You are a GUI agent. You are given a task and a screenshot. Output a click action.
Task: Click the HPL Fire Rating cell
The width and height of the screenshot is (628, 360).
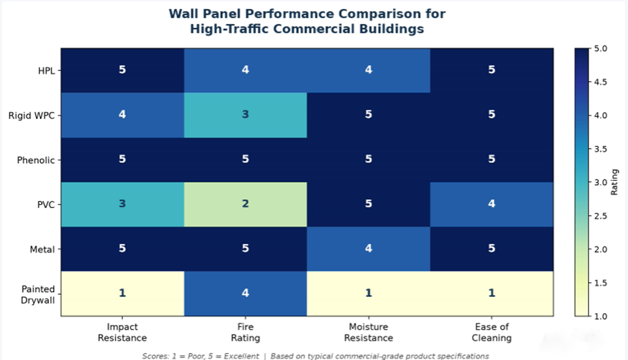tap(245, 70)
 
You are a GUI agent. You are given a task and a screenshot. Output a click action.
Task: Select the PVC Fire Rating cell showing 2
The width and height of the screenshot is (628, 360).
tap(245, 204)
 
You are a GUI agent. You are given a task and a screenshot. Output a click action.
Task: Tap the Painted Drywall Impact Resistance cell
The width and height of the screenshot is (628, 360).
tap(122, 294)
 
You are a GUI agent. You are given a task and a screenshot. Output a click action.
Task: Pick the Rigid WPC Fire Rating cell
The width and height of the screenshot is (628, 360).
tap(245, 115)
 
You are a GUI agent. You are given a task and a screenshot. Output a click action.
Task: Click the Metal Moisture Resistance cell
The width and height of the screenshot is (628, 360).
tap(368, 249)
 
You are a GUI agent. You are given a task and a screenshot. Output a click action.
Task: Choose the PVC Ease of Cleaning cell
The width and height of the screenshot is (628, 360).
tap(492, 204)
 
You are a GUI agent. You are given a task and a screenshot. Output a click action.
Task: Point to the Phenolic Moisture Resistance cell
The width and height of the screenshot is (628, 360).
tap(368, 160)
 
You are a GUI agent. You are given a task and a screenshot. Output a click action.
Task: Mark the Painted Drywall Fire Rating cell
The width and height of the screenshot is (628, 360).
tap(245, 294)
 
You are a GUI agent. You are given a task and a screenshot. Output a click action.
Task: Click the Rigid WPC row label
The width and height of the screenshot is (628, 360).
tap(32, 116)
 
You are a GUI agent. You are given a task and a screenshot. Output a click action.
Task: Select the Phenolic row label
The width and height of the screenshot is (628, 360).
tap(35, 160)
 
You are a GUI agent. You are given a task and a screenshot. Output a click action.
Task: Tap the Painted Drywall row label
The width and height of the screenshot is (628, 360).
tap(37, 294)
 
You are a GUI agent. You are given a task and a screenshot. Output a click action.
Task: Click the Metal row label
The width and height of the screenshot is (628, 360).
tap(42, 249)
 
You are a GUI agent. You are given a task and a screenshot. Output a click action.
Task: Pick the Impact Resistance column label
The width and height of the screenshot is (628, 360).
tap(122, 332)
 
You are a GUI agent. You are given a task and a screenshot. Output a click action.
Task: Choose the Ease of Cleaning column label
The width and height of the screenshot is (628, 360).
tap(492, 332)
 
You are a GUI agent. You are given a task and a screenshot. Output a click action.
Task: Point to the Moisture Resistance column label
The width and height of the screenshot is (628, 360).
tap(368, 332)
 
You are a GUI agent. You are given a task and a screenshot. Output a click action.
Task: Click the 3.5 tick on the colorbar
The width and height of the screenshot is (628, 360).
tap(600, 149)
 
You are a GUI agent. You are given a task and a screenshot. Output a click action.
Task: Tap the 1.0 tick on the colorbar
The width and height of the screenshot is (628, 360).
tap(600, 316)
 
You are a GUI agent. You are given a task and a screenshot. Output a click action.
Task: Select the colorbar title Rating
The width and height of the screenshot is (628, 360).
tap(614, 182)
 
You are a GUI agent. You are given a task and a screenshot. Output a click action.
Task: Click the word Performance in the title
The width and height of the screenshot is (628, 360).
tap(289, 14)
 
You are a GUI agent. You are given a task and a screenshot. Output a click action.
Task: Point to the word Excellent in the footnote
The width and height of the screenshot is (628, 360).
tap(242, 356)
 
